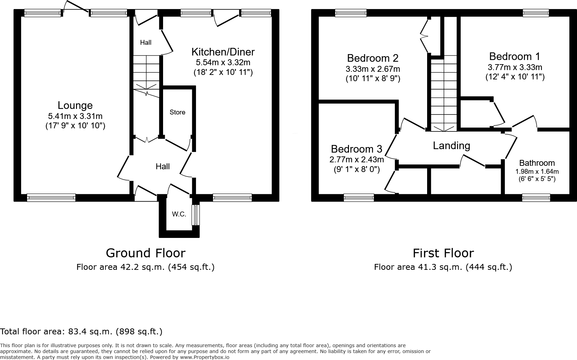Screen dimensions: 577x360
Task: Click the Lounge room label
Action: coord(75,105)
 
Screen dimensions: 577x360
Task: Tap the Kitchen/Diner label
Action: coord(223,52)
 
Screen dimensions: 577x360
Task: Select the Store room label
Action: coord(178,112)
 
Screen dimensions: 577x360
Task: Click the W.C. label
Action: coord(179,214)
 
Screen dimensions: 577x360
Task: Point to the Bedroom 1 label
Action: coord(515,57)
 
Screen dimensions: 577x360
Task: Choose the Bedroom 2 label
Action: coord(373,58)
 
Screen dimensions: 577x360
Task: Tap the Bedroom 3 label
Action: coord(356,149)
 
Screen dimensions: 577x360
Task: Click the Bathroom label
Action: coord(537,163)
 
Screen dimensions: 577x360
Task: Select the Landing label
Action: coord(451,146)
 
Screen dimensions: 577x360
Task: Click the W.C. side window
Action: coord(196,215)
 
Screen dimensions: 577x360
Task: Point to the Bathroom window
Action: coord(536,198)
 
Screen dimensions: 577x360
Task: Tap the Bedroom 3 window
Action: coord(359,198)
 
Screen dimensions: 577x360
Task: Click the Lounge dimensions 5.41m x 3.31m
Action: coord(75,117)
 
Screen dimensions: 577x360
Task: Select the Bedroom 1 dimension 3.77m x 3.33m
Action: coord(515,68)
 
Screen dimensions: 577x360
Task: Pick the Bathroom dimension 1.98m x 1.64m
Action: coord(537,171)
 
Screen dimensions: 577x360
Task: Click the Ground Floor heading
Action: coord(145,253)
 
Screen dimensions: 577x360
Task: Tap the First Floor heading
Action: coord(443,253)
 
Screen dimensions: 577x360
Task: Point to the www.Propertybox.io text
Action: coord(204,358)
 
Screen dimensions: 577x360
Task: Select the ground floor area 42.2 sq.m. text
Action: coord(143,267)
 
